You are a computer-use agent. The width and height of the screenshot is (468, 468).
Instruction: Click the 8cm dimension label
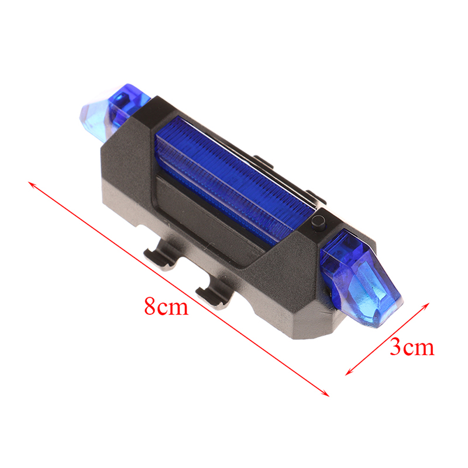(x=167, y=305)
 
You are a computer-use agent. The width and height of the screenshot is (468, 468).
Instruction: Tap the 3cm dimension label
(x=412, y=347)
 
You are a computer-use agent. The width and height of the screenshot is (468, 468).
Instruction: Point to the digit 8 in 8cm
(x=150, y=305)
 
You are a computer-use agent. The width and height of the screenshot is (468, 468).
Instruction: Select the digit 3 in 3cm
(x=395, y=347)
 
